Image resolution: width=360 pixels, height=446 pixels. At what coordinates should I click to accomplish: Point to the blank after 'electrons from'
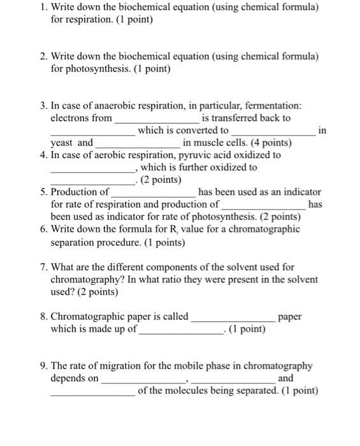[157, 120]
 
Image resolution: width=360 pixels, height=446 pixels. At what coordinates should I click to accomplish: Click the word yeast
[62, 143]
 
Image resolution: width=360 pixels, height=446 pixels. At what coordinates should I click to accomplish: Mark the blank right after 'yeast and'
[137, 145]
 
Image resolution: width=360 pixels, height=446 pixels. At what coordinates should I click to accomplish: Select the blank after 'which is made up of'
[180, 332]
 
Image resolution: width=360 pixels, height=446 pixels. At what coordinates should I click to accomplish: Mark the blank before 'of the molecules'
[92, 393]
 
